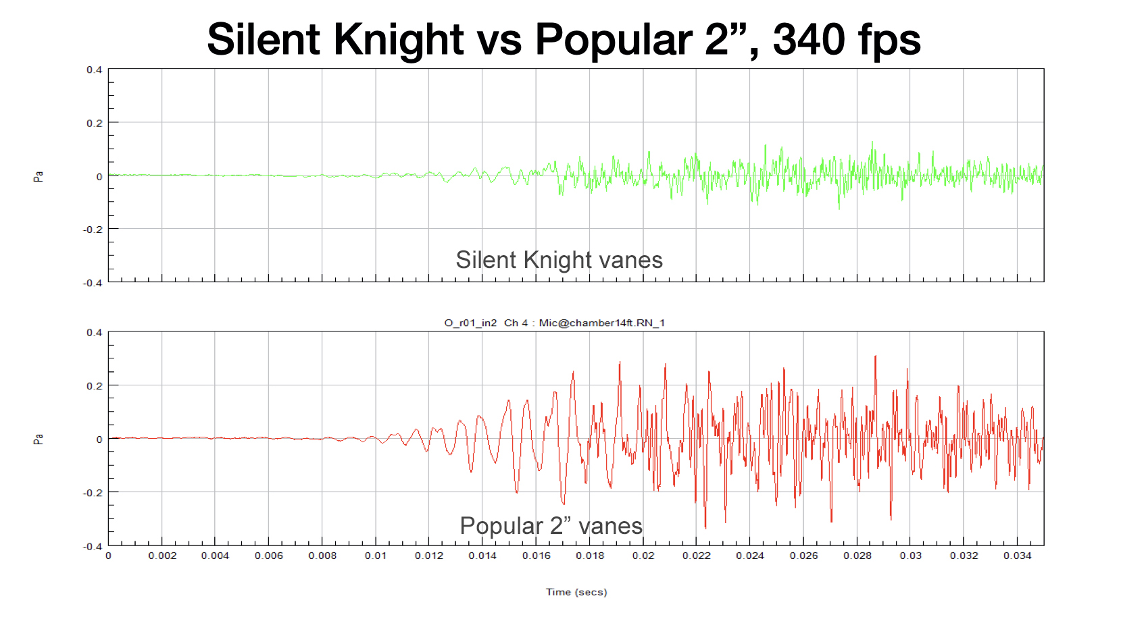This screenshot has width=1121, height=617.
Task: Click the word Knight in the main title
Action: click(x=398, y=39)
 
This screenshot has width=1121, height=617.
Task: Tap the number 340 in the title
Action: click(x=805, y=39)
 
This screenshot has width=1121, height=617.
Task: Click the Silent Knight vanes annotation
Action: click(x=559, y=260)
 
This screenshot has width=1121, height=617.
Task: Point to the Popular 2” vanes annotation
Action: click(x=551, y=526)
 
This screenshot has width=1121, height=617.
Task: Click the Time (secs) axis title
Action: click(x=576, y=592)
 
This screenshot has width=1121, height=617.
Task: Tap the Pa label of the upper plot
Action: click(x=39, y=176)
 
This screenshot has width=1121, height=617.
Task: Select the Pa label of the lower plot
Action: click(x=39, y=439)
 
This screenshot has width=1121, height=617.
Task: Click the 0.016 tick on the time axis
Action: click(x=536, y=556)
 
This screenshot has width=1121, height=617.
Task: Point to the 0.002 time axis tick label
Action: click(x=162, y=556)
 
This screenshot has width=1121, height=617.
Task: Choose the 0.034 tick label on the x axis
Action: click(x=1017, y=556)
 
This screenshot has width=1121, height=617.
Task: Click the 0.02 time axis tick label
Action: click(x=643, y=556)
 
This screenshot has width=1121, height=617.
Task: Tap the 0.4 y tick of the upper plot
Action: click(x=94, y=70)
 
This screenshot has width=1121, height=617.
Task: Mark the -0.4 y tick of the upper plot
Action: click(x=93, y=283)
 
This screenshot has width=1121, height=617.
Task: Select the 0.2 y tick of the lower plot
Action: click(x=94, y=385)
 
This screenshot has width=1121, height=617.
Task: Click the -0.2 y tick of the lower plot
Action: click(x=93, y=493)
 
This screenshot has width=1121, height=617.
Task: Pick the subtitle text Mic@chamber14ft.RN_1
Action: click(x=601, y=323)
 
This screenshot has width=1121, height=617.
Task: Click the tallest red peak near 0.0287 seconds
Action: click(x=876, y=356)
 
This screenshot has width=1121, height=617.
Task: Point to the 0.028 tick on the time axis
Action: click(x=857, y=556)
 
